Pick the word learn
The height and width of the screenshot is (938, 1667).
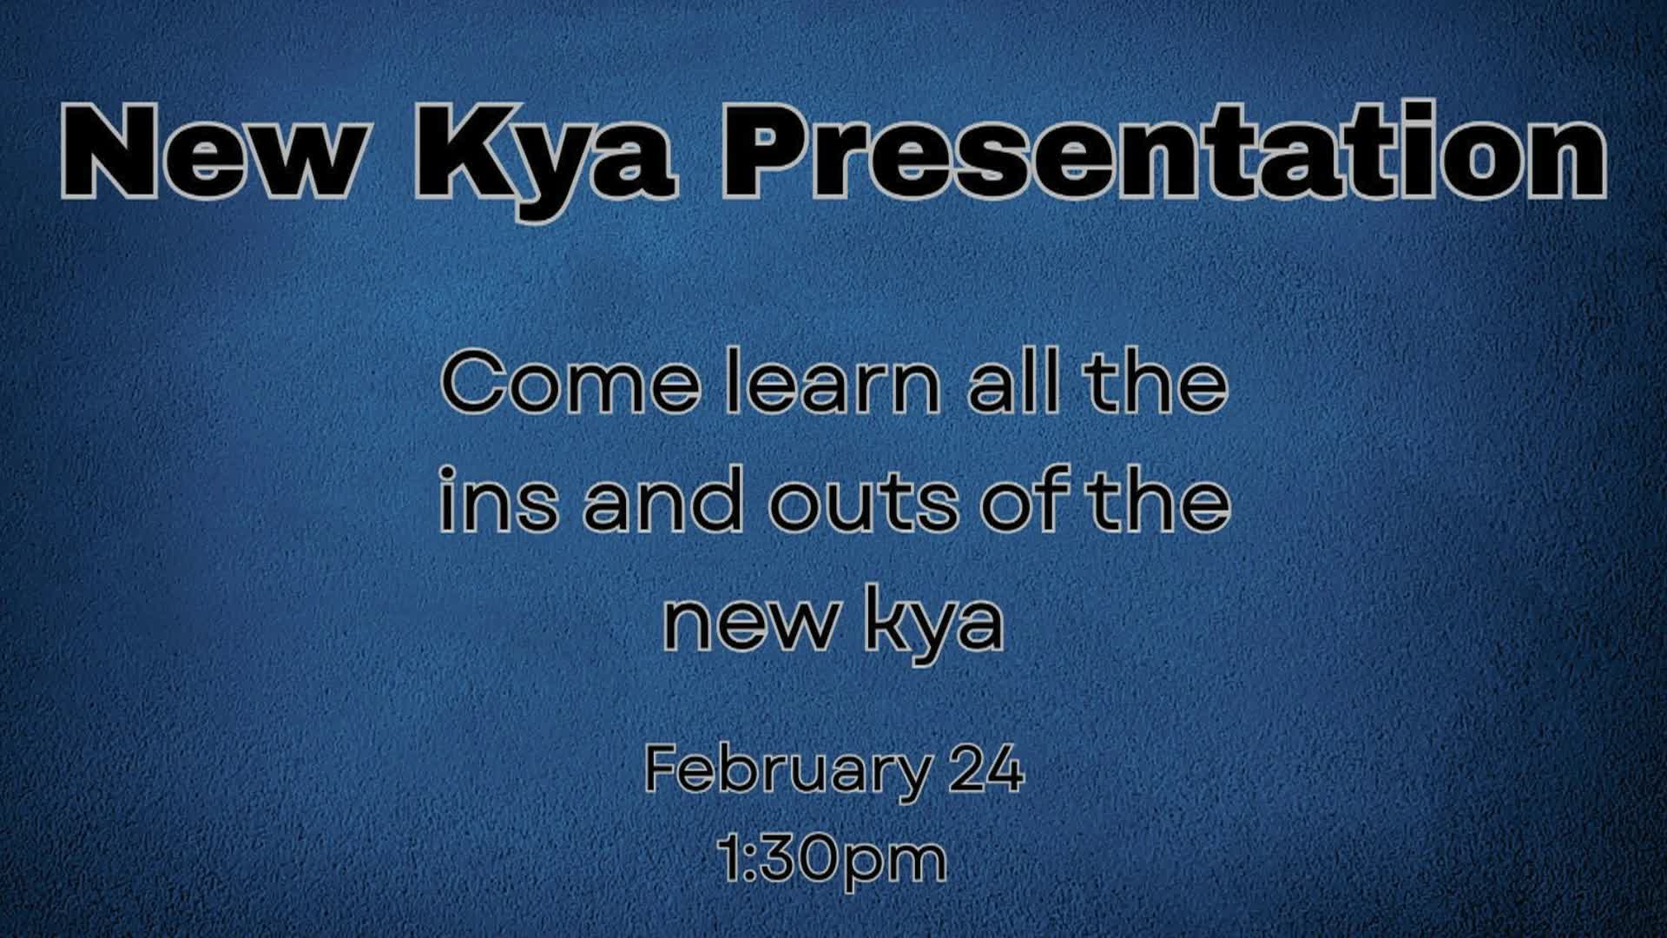pos(833,384)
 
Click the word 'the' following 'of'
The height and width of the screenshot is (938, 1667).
pos(1161,502)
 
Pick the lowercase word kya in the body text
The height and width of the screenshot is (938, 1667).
pos(934,624)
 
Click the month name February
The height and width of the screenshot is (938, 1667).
pos(786,770)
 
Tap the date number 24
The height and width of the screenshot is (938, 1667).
pos(986,770)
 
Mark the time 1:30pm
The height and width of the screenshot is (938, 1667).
pos(833,859)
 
